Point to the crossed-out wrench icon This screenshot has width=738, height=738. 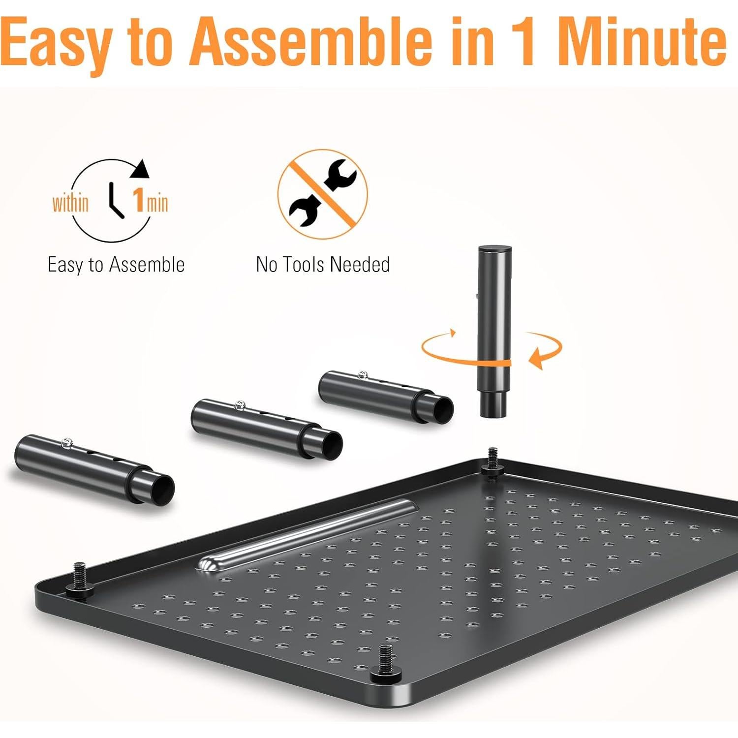[322, 194]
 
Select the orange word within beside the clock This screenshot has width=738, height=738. [70, 203]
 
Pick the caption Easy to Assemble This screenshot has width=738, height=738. [116, 265]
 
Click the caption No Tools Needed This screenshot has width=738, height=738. [323, 265]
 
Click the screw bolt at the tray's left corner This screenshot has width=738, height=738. [79, 578]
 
